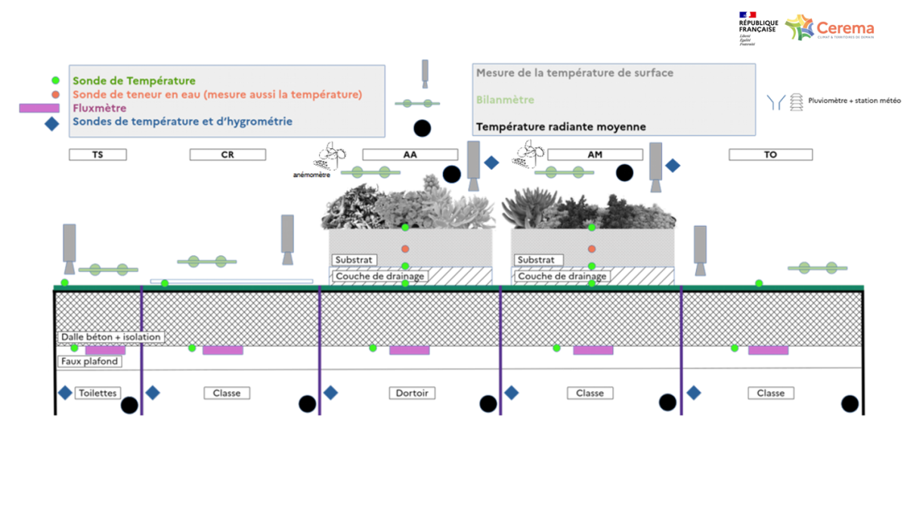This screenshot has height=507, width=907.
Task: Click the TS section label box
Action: tap(98, 155)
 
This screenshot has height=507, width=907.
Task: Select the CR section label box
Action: tap(228, 155)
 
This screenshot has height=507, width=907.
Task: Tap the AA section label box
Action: tap(411, 155)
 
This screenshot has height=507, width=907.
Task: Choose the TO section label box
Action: tap(770, 155)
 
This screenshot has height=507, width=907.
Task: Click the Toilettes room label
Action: tap(98, 393)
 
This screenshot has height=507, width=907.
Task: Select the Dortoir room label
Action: tap(411, 393)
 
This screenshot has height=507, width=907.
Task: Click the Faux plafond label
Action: tap(90, 362)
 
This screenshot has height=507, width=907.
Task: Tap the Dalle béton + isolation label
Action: tap(111, 337)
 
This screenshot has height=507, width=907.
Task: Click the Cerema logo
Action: tap(830, 29)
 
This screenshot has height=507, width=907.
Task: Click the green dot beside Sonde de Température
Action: tap(55, 80)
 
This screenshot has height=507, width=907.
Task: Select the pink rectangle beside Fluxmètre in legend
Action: tap(39, 108)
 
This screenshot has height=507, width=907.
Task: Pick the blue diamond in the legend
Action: tap(51, 124)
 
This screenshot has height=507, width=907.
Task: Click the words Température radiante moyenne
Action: tap(561, 127)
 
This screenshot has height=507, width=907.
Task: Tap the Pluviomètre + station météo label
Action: tap(854, 100)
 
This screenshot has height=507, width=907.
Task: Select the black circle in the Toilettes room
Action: tap(129, 406)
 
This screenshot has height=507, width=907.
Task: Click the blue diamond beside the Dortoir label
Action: tap(330, 393)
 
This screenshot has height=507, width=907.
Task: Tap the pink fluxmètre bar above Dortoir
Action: tap(409, 351)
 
